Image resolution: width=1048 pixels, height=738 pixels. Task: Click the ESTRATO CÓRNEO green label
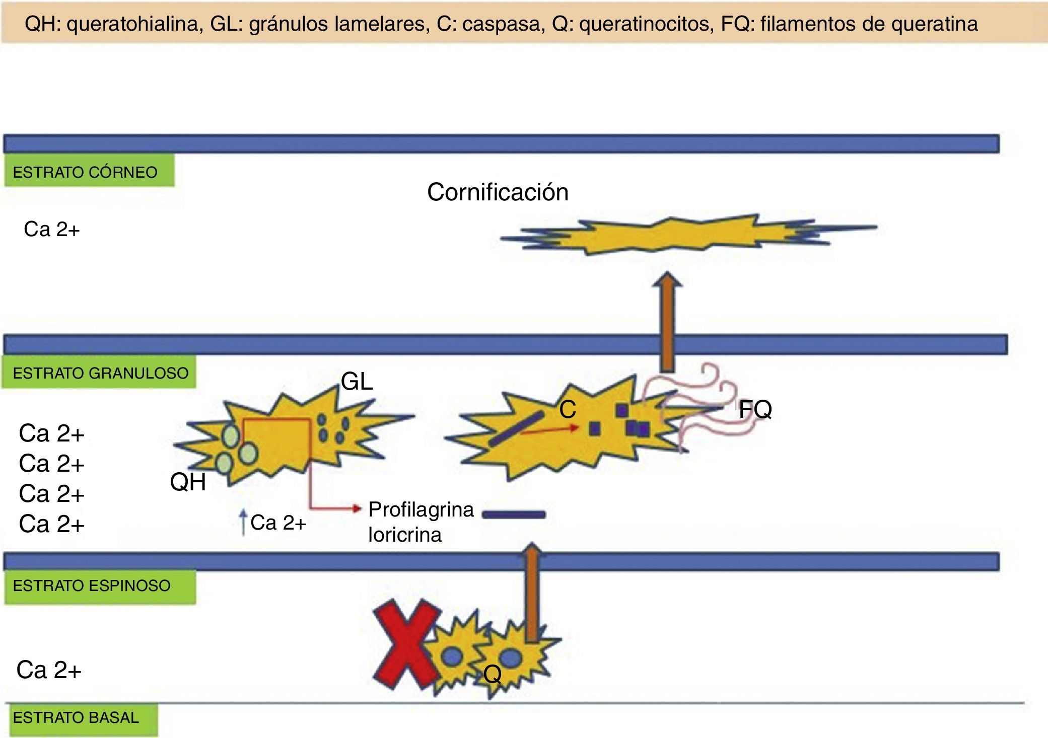pyautogui.click(x=89, y=172)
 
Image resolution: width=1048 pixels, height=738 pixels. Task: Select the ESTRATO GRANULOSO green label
pyautogui.click(x=99, y=373)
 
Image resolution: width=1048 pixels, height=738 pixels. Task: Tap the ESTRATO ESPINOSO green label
pyautogui.click(x=99, y=586)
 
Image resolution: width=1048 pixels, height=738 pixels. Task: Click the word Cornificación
pyautogui.click(x=498, y=192)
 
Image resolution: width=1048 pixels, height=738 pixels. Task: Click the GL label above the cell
pyautogui.click(x=357, y=382)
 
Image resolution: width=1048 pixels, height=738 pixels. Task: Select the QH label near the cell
pyautogui.click(x=188, y=482)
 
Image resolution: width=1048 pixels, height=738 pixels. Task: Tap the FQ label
pyautogui.click(x=755, y=409)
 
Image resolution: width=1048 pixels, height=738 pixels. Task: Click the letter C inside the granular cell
pyautogui.click(x=568, y=410)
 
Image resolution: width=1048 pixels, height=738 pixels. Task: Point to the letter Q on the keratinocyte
pyautogui.click(x=492, y=674)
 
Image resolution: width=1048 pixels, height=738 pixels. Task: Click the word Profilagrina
pyautogui.click(x=421, y=509)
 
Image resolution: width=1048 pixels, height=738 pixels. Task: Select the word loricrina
pyautogui.click(x=405, y=535)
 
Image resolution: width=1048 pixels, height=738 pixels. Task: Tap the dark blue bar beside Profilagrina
pyautogui.click(x=514, y=514)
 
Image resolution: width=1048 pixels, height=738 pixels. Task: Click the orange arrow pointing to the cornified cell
pyautogui.click(x=667, y=322)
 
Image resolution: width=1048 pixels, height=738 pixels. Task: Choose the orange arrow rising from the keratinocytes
pyautogui.click(x=532, y=594)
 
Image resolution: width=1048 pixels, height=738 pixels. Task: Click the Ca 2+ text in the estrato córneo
pyautogui.click(x=51, y=230)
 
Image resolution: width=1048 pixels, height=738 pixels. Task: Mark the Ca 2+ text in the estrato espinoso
pyautogui.click(x=49, y=670)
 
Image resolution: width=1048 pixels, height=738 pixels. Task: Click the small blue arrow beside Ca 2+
pyautogui.click(x=243, y=523)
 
